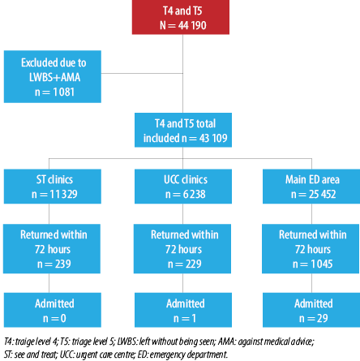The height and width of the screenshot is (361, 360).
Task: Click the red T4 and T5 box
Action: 181,17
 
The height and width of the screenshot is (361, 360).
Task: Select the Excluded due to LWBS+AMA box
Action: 53,76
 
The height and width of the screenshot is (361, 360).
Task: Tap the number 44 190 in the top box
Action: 192,25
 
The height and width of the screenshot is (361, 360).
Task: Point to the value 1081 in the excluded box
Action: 64,92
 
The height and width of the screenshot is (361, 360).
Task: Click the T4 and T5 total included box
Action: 183,130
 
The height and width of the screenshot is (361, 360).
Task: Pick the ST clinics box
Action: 53,187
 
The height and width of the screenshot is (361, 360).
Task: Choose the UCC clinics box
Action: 183,187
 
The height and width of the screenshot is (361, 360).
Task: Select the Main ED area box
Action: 311,187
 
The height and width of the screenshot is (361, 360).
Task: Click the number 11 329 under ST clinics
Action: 63,194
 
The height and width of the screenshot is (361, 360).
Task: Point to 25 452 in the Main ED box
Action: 323,194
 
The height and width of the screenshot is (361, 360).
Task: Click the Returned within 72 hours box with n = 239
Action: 52,249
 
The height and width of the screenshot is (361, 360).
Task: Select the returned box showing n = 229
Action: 182,249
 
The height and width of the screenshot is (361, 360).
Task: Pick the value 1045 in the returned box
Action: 322,264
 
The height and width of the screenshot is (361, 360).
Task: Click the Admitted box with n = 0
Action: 53,310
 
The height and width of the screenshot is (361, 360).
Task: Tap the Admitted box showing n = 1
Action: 183,310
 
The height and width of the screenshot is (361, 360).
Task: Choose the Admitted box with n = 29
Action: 311,310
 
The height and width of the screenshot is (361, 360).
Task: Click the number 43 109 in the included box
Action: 213,138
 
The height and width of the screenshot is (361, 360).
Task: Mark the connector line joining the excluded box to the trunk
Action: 142,73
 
